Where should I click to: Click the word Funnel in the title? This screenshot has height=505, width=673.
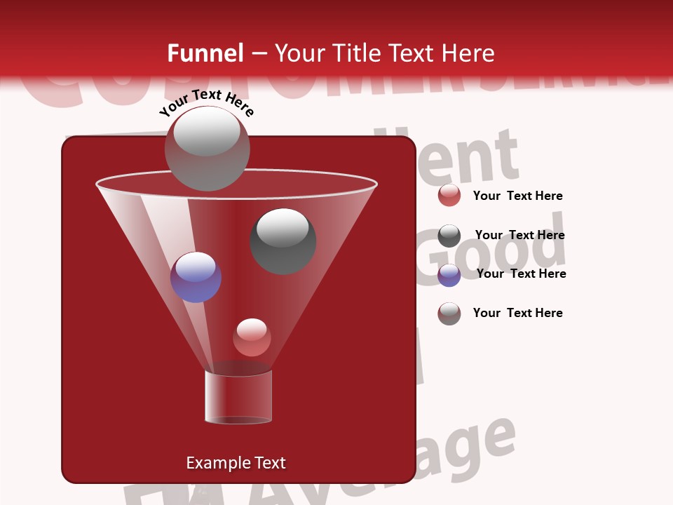205,53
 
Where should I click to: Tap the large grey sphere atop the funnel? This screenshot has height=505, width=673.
207,148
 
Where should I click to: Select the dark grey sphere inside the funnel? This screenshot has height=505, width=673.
283,241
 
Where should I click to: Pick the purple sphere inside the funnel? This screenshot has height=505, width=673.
196,277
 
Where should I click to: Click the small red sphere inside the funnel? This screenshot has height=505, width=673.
252,337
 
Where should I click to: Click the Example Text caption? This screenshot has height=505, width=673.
236,463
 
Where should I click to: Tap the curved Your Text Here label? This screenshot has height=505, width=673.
206,102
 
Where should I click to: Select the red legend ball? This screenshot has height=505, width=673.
449,196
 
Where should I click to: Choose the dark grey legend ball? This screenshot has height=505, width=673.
449,236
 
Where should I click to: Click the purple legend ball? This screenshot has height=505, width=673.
449,275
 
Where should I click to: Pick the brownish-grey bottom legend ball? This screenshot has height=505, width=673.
449,314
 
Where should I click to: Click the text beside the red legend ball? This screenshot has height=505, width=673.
517,196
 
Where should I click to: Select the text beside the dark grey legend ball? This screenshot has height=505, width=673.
519,236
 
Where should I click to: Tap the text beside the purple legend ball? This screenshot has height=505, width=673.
521,274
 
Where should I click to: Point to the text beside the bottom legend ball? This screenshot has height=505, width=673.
517,313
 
